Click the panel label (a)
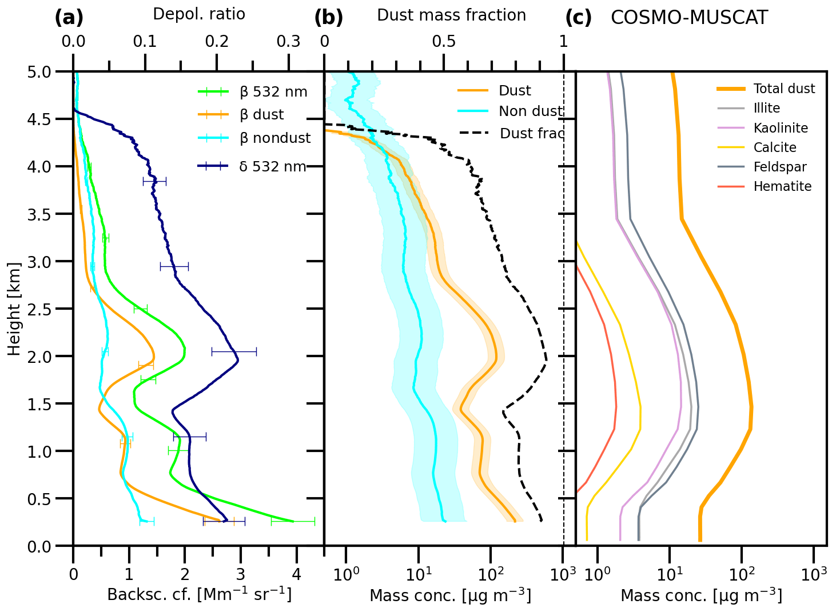tap(69, 18)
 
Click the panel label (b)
tap(328, 18)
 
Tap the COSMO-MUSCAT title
tap(689, 18)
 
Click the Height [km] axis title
tap(14, 309)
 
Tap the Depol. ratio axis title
tap(199, 15)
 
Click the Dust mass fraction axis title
tap(451, 15)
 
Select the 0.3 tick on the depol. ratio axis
tap(288, 42)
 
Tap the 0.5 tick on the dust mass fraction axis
tap(444, 42)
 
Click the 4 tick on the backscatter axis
tap(296, 574)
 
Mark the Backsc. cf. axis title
tap(199, 595)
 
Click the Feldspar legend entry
tap(780, 167)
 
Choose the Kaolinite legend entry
tap(781, 128)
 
